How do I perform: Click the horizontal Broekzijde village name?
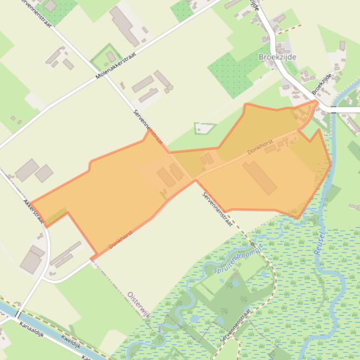(x=277, y=57)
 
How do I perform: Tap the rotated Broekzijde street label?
(x=322, y=84)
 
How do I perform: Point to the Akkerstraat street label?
(x=33, y=211)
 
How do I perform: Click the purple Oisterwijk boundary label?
(x=139, y=304)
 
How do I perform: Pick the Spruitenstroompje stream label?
(x=238, y=258)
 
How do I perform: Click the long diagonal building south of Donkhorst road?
(x=260, y=177)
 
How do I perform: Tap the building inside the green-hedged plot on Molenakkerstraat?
(x=110, y=57)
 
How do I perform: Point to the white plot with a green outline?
(x=205, y=128)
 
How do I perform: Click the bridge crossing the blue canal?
(x=17, y=314)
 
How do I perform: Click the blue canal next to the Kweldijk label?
(x=56, y=333)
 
